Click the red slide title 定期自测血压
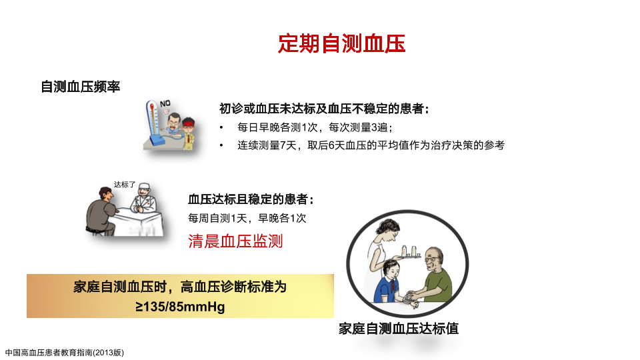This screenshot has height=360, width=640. (x=341, y=43)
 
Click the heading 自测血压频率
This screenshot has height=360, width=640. (x=81, y=87)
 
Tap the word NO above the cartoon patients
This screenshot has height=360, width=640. (x=165, y=104)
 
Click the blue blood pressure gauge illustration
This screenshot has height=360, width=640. (x=153, y=123)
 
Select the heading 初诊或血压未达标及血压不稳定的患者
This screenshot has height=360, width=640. (x=324, y=109)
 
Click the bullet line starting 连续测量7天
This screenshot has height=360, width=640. (x=371, y=145)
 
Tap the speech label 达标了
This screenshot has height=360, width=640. (x=125, y=185)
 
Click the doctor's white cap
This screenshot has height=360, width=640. (x=144, y=187)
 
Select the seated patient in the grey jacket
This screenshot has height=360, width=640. (x=101, y=211)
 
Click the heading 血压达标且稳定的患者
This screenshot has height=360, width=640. (x=251, y=199)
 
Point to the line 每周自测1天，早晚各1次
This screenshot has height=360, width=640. (x=247, y=219)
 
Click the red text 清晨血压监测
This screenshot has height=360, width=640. (x=235, y=241)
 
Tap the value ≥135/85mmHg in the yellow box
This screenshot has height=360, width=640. (x=180, y=307)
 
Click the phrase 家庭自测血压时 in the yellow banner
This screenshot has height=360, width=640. (x=120, y=287)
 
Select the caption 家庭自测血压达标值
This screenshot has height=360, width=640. (x=399, y=329)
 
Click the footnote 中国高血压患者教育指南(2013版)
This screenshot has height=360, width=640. (x=65, y=353)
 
